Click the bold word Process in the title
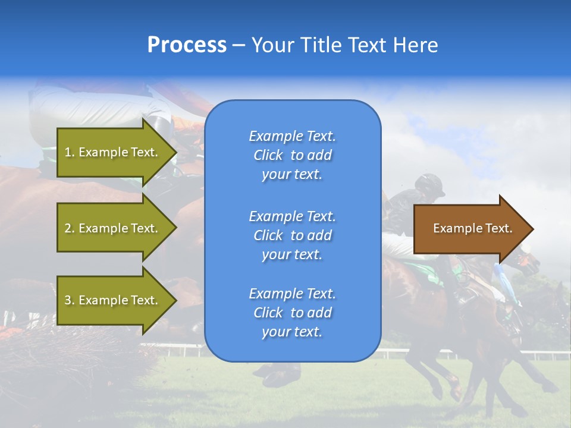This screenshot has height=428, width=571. tap(187, 45)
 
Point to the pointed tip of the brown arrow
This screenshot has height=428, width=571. tap(532, 229)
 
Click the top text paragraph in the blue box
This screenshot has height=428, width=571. tap(292, 155)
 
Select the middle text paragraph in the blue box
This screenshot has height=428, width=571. tap(292, 235)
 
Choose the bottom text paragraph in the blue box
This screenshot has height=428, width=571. tap(292, 313)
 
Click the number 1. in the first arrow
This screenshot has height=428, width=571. tap(70, 152)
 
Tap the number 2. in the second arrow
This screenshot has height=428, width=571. tap(70, 228)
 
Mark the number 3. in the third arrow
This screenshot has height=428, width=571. tap(70, 300)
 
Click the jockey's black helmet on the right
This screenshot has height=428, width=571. tap(429, 184)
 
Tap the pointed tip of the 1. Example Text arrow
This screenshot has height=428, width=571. tap(175, 152)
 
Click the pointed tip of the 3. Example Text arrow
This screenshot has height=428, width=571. tap(175, 300)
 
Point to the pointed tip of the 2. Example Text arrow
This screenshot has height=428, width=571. tap(175, 228)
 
